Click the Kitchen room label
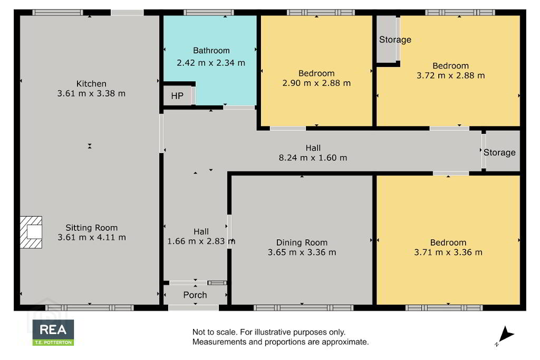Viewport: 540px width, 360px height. pyautogui.click(x=91, y=84)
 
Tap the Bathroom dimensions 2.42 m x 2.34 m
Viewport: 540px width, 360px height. pyautogui.click(x=211, y=63)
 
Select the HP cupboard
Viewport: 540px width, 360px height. pyautogui.click(x=177, y=96)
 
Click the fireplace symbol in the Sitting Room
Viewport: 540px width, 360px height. pyautogui.click(x=31, y=232)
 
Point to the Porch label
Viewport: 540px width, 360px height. pyautogui.click(x=195, y=295)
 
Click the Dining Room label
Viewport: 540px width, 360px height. pyautogui.click(x=302, y=242)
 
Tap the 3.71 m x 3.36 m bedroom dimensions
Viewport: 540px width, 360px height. pyautogui.click(x=448, y=252)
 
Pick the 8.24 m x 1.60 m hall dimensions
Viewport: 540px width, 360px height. pyautogui.click(x=313, y=158)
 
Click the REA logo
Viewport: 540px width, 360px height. pyautogui.click(x=53, y=333)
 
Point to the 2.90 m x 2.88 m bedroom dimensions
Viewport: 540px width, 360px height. pyautogui.click(x=316, y=83)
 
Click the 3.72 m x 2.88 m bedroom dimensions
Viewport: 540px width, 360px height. pyautogui.click(x=450, y=75)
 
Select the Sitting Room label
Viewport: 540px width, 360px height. pyautogui.click(x=92, y=228)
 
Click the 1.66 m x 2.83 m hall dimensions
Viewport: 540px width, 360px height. pyautogui.click(x=201, y=241)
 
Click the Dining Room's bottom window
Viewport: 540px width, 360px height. pyautogui.click(x=303, y=307)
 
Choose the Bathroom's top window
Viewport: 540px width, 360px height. pyautogui.click(x=209, y=13)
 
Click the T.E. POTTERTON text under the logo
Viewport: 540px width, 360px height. pyautogui.click(x=53, y=343)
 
